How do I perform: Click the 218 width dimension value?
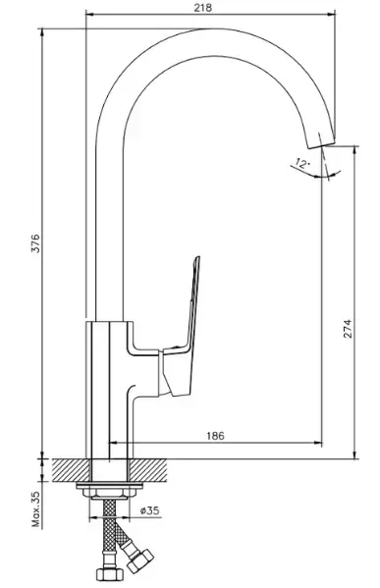202,8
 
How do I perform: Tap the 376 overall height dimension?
35,243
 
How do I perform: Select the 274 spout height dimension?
348,329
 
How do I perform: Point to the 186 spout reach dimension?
215,436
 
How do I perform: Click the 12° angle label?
302,163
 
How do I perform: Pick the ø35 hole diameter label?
149,510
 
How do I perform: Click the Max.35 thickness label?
35,509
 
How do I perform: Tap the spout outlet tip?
321,144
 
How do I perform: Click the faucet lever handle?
180,334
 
